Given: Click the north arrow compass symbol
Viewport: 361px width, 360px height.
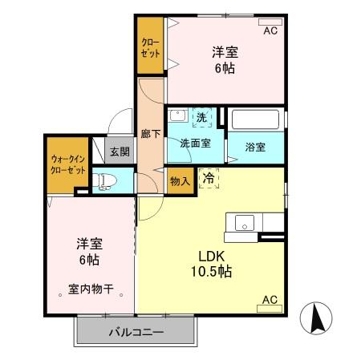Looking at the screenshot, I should point(318,320).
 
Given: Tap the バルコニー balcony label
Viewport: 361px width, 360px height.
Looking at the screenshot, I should point(136,331).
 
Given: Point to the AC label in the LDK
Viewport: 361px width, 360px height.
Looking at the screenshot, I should point(270,301).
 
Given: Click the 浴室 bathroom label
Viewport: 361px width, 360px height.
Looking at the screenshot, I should point(255,147).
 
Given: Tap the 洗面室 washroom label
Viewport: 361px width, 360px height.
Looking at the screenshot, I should point(194,144).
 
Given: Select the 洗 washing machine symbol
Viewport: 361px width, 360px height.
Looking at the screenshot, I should point(202,117).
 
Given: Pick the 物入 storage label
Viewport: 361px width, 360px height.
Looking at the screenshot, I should point(180,180).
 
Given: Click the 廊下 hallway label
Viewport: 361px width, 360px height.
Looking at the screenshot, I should point(148,134).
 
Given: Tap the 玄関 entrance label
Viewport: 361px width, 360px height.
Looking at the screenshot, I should point(120,150).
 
